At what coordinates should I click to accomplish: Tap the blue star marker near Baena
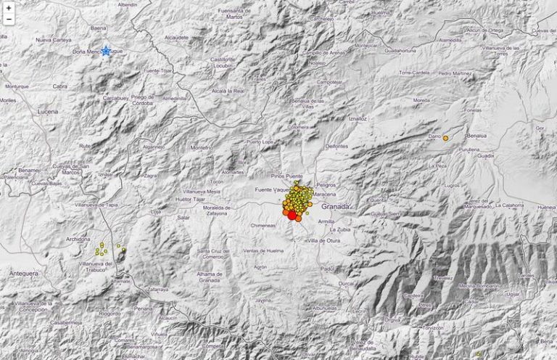coord(106,51)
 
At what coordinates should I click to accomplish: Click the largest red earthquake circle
coord(292,214)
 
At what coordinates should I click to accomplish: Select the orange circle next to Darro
coord(445,137)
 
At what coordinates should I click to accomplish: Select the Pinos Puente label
coord(285,177)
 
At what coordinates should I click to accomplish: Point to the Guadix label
coord(485,155)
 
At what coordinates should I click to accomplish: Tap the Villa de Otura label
coord(324,240)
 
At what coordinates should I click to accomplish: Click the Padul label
coord(329,269)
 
